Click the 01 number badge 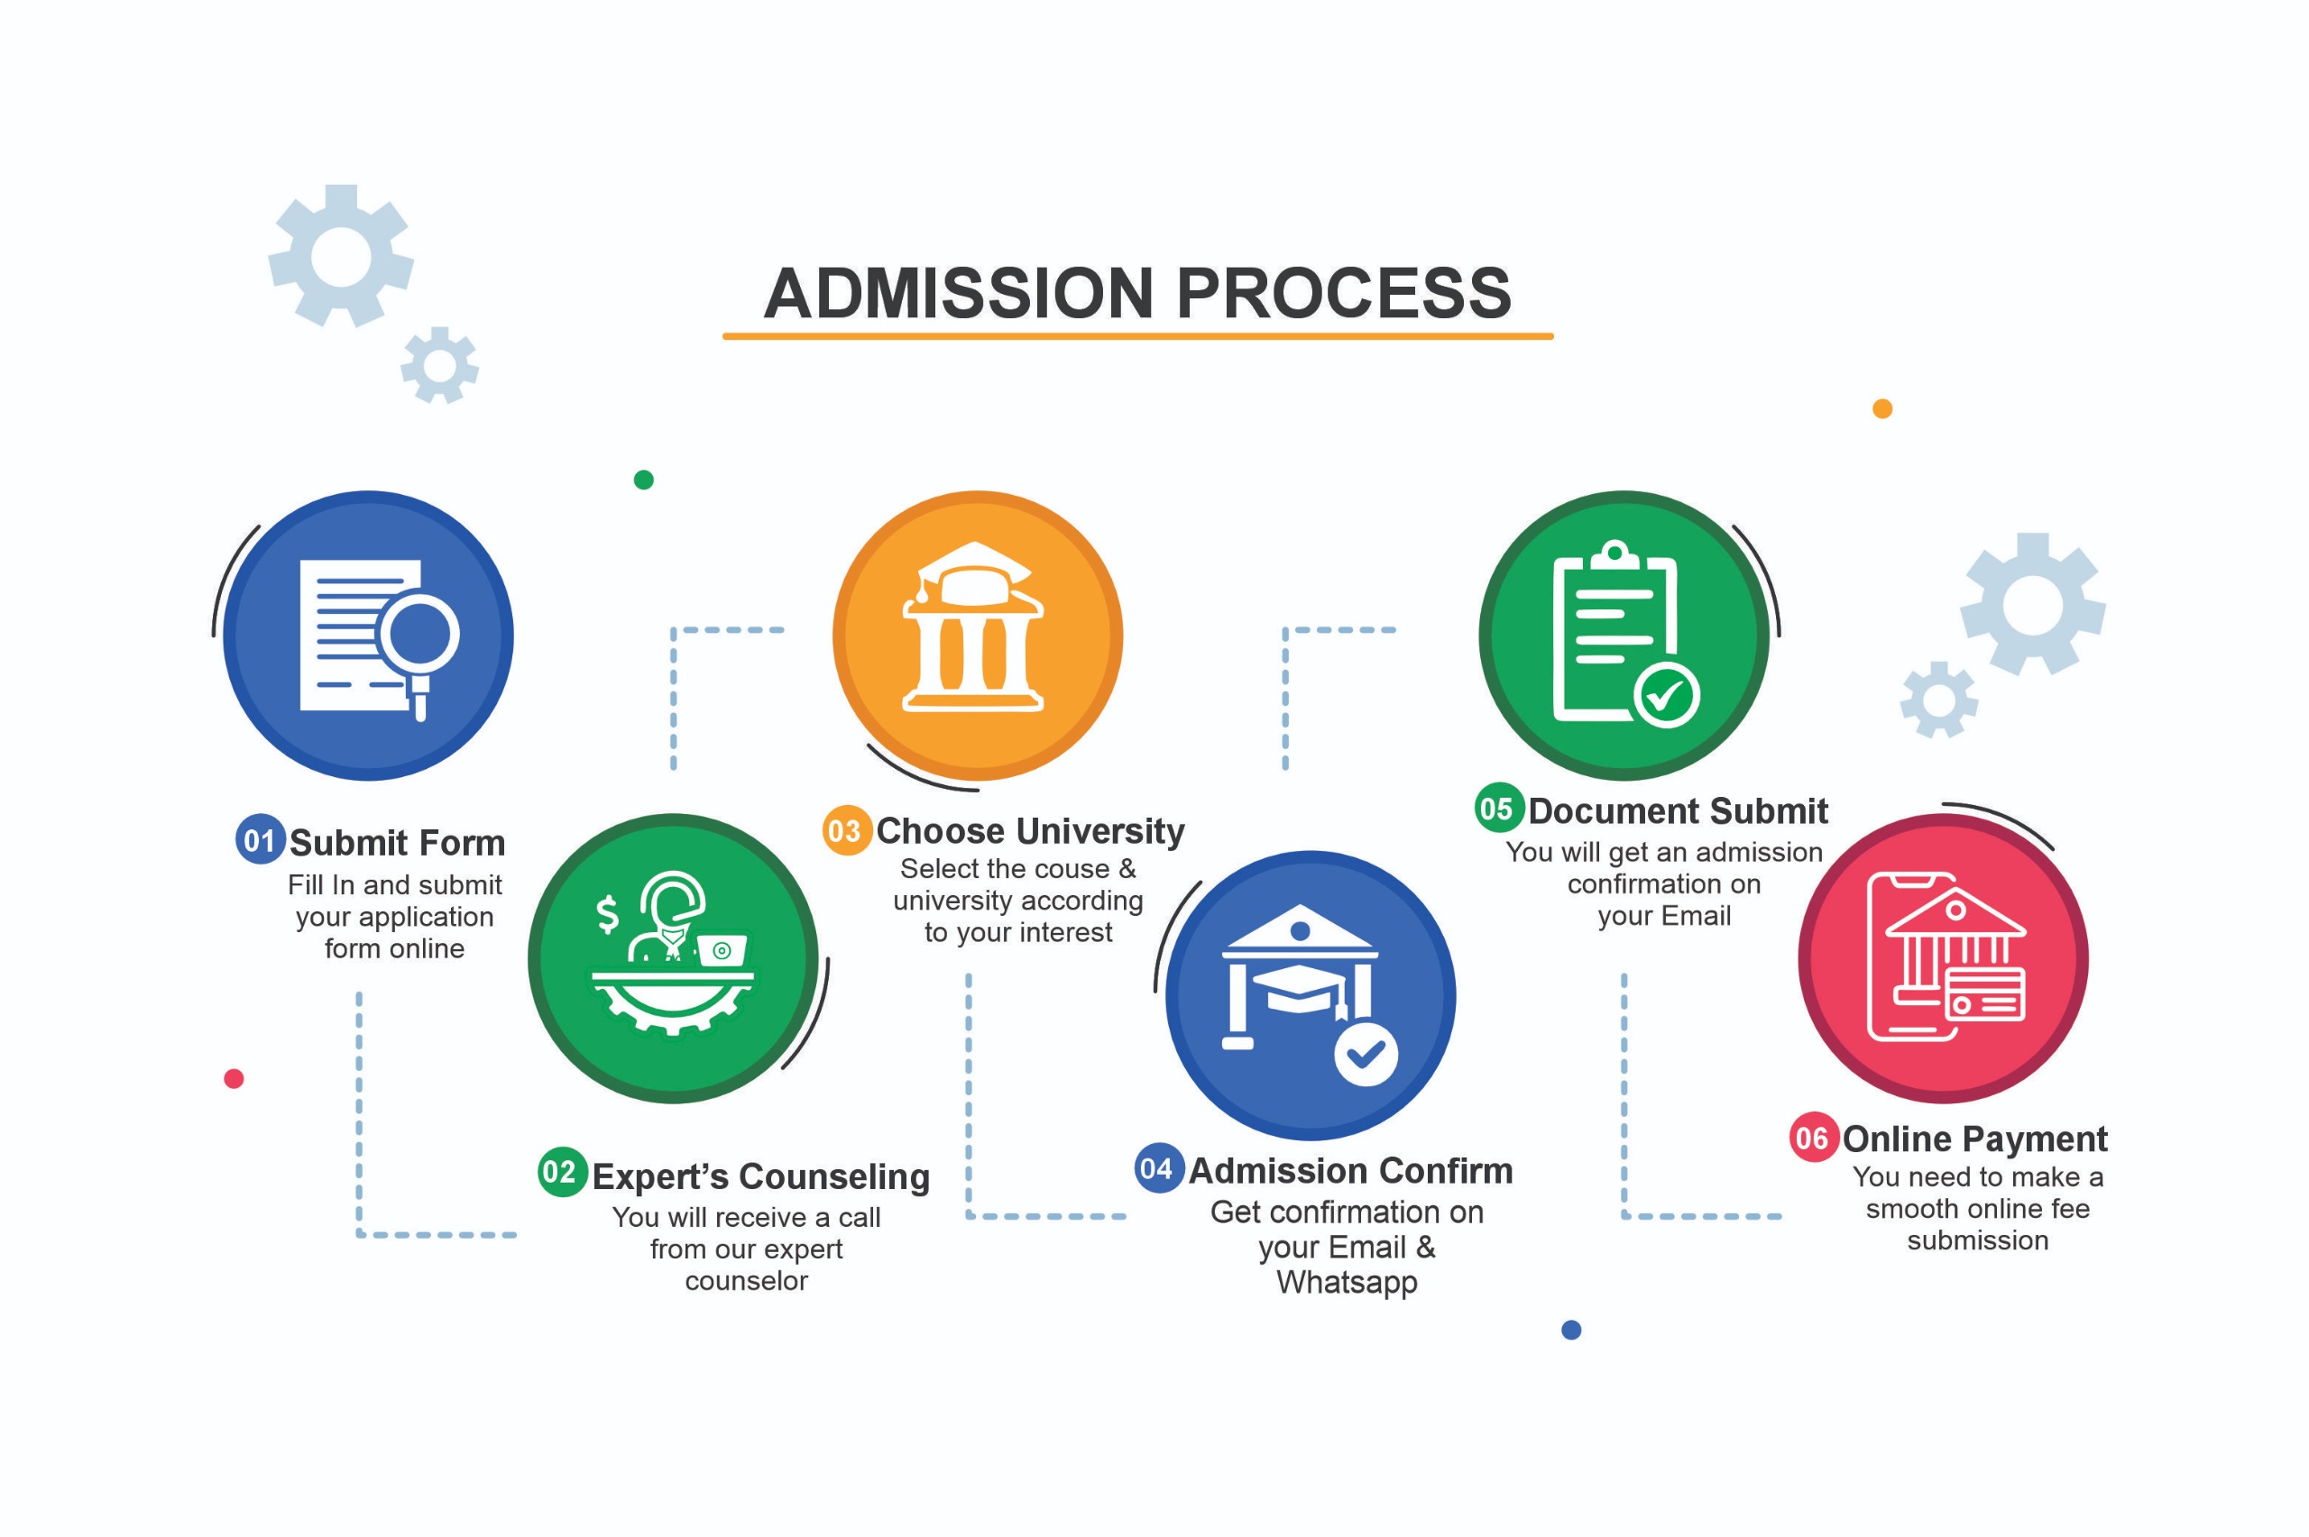pos(260,839)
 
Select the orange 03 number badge pos(846,830)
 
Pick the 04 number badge pos(1158,1167)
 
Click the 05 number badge pos(1498,808)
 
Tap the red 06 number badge pos(1813,1137)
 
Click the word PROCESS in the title pos(1342,293)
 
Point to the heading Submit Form pos(397,842)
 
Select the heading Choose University pos(1029,830)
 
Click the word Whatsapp pos(1347,1282)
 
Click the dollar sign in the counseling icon pos(608,913)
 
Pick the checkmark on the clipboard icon pos(1666,695)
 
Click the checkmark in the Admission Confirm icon pos(1366,1054)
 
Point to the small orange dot pos(1881,408)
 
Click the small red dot pos(234,1078)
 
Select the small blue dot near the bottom pos(1570,1329)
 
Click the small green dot pos(643,480)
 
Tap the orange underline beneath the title pos(1137,336)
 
